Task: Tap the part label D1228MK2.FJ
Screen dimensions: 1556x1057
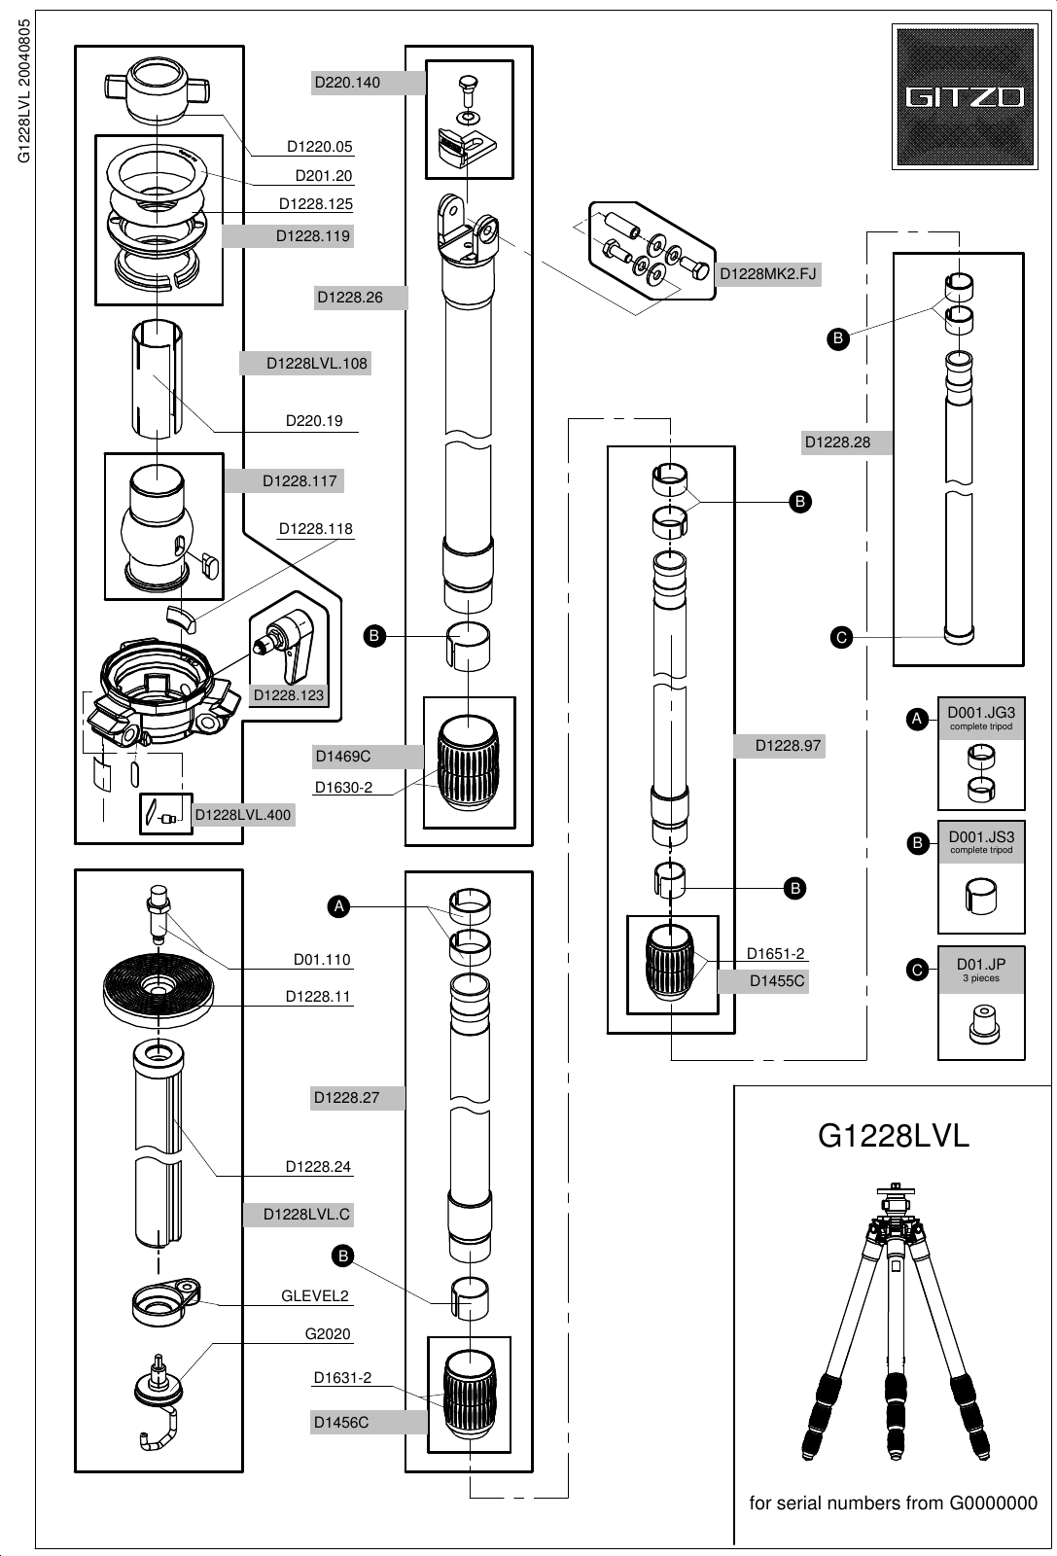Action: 767,274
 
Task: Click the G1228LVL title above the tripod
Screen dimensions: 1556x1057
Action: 894,1136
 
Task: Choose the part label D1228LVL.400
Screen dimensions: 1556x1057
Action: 243,815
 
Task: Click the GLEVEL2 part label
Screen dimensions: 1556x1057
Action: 315,1295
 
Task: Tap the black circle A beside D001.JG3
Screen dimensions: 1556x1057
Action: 915,719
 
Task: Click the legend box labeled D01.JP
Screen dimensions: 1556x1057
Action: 980,1002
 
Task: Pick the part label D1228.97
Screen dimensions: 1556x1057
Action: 789,746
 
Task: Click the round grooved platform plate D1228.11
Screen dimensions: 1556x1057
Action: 159,989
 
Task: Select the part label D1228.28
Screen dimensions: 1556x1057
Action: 836,442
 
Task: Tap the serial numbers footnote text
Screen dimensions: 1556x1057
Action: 893,1503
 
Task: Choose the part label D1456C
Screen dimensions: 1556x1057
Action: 340,1422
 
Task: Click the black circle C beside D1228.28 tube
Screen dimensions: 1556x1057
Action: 841,638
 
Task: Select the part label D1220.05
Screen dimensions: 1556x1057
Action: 319,148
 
